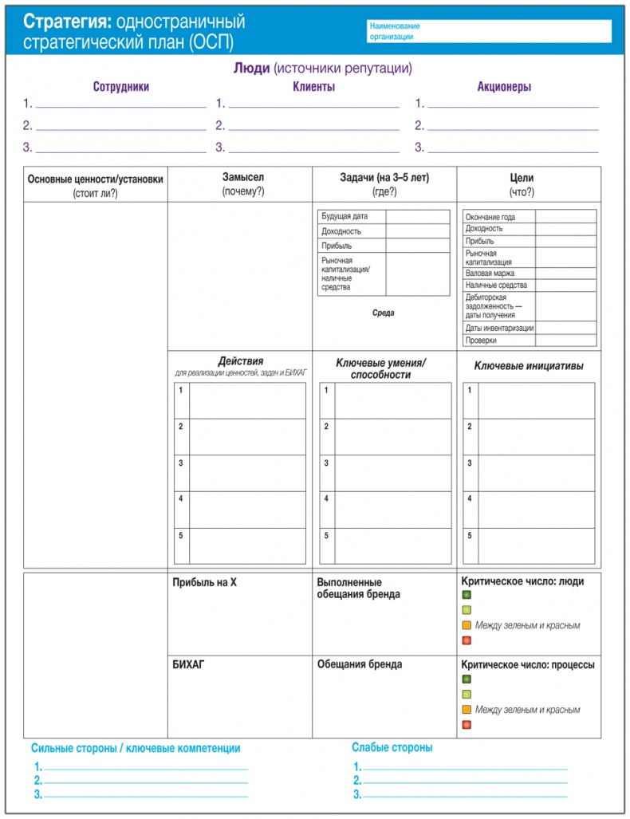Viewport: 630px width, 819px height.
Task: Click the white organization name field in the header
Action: [489, 31]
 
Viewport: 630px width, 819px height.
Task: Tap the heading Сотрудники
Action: [120, 87]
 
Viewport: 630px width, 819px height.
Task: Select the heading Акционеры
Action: [504, 87]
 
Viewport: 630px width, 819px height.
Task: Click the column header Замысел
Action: [242, 178]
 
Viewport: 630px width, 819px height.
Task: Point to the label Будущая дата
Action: [345, 216]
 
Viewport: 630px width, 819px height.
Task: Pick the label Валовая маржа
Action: [490, 273]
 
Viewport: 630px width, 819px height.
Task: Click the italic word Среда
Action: [383, 313]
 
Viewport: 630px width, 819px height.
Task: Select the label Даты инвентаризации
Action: [499, 328]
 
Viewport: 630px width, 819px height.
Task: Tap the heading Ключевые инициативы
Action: [529, 366]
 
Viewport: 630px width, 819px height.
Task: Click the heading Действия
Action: [240, 360]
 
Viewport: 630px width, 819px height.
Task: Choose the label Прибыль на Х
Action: [204, 582]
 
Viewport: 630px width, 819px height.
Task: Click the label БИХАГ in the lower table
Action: [188, 664]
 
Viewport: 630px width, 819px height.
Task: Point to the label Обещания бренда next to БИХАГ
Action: [360, 664]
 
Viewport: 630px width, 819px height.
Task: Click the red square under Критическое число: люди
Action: [467, 640]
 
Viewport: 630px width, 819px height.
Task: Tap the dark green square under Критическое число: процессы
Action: [467, 679]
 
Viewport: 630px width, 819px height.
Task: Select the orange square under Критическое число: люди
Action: [467, 625]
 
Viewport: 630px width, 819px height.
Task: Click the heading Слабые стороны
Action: [392, 748]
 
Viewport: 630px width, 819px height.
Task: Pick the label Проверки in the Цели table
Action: [481, 341]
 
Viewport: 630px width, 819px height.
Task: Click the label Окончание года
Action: [490, 217]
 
